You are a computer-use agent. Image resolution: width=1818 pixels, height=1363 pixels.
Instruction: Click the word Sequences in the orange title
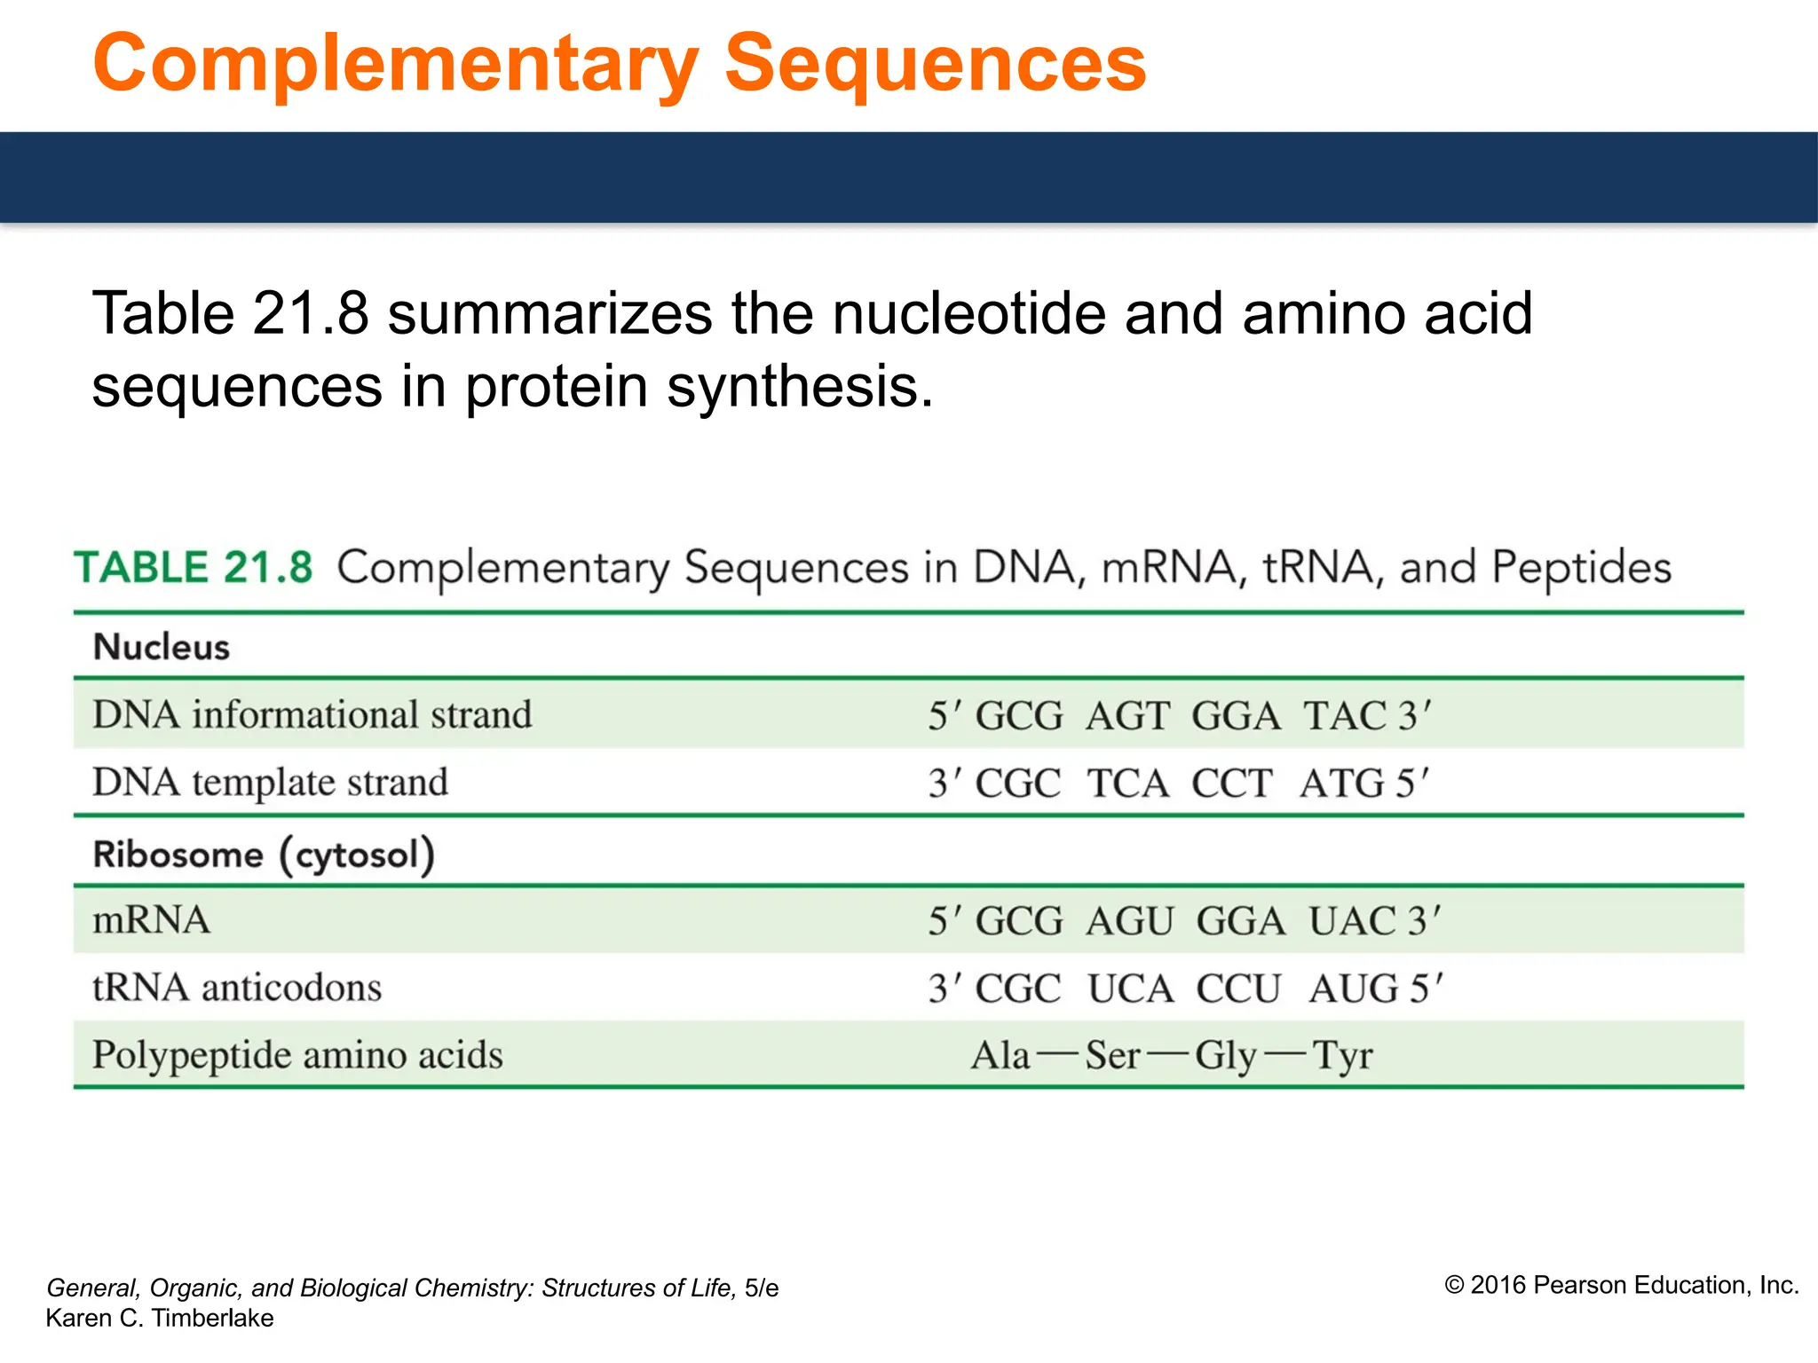(936, 64)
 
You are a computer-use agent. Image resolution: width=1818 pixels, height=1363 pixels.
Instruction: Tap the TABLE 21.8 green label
(194, 567)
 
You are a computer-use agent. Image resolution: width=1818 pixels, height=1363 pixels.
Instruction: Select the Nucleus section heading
(162, 647)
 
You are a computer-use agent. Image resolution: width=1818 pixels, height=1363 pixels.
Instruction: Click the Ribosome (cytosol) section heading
(264, 855)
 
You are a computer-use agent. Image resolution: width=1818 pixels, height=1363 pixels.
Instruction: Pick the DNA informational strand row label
(312, 715)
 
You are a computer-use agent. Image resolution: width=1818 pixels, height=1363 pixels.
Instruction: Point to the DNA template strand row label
(270, 783)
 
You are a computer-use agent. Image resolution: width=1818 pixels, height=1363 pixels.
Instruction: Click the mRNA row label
(152, 920)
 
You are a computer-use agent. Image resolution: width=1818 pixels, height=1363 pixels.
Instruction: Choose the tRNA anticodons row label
(237, 988)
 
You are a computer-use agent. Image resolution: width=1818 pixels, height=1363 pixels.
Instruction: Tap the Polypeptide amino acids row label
(297, 1055)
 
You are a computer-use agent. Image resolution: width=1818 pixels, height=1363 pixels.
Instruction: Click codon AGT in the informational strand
(1127, 716)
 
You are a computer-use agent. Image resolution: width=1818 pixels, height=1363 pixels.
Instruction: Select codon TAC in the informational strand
(1345, 716)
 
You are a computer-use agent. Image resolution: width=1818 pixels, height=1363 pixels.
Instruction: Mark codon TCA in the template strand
(1128, 784)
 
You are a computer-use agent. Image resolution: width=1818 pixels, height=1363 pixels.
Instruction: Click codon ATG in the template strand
(1341, 784)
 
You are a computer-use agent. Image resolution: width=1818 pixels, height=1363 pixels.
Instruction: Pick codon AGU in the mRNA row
(1130, 921)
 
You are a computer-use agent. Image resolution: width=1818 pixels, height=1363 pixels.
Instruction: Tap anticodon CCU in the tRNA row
(1238, 989)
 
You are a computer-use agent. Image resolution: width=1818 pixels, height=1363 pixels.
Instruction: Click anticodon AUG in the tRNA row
(1354, 989)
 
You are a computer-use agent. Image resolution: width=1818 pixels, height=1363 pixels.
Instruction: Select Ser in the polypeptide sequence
(1112, 1056)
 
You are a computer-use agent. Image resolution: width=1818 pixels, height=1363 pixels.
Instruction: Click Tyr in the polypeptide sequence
(1342, 1056)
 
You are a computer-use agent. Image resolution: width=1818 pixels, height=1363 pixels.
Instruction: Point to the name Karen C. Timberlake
(160, 1319)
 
